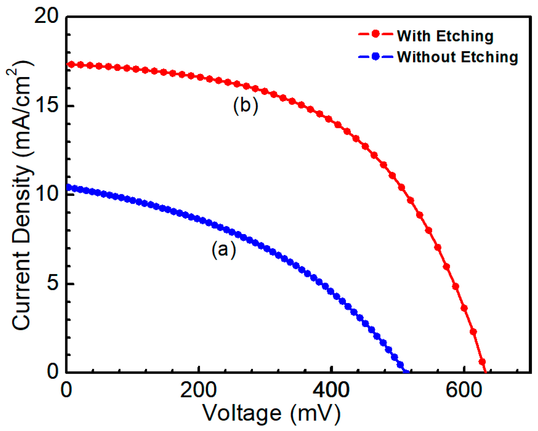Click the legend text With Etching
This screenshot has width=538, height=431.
point(445,36)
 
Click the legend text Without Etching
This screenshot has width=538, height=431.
point(457,57)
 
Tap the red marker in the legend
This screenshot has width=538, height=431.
point(376,34)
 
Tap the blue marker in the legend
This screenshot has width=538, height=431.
point(376,56)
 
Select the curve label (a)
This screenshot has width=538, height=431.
point(224,249)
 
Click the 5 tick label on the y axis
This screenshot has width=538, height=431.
point(53,284)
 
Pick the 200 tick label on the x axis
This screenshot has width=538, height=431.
point(198,390)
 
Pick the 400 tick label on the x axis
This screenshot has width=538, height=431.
point(331,390)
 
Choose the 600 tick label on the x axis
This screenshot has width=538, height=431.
point(464,390)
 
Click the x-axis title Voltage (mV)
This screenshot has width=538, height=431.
point(271,413)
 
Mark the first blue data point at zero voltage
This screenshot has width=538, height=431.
point(69,187)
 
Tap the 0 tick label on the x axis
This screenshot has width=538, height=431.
point(66,390)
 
